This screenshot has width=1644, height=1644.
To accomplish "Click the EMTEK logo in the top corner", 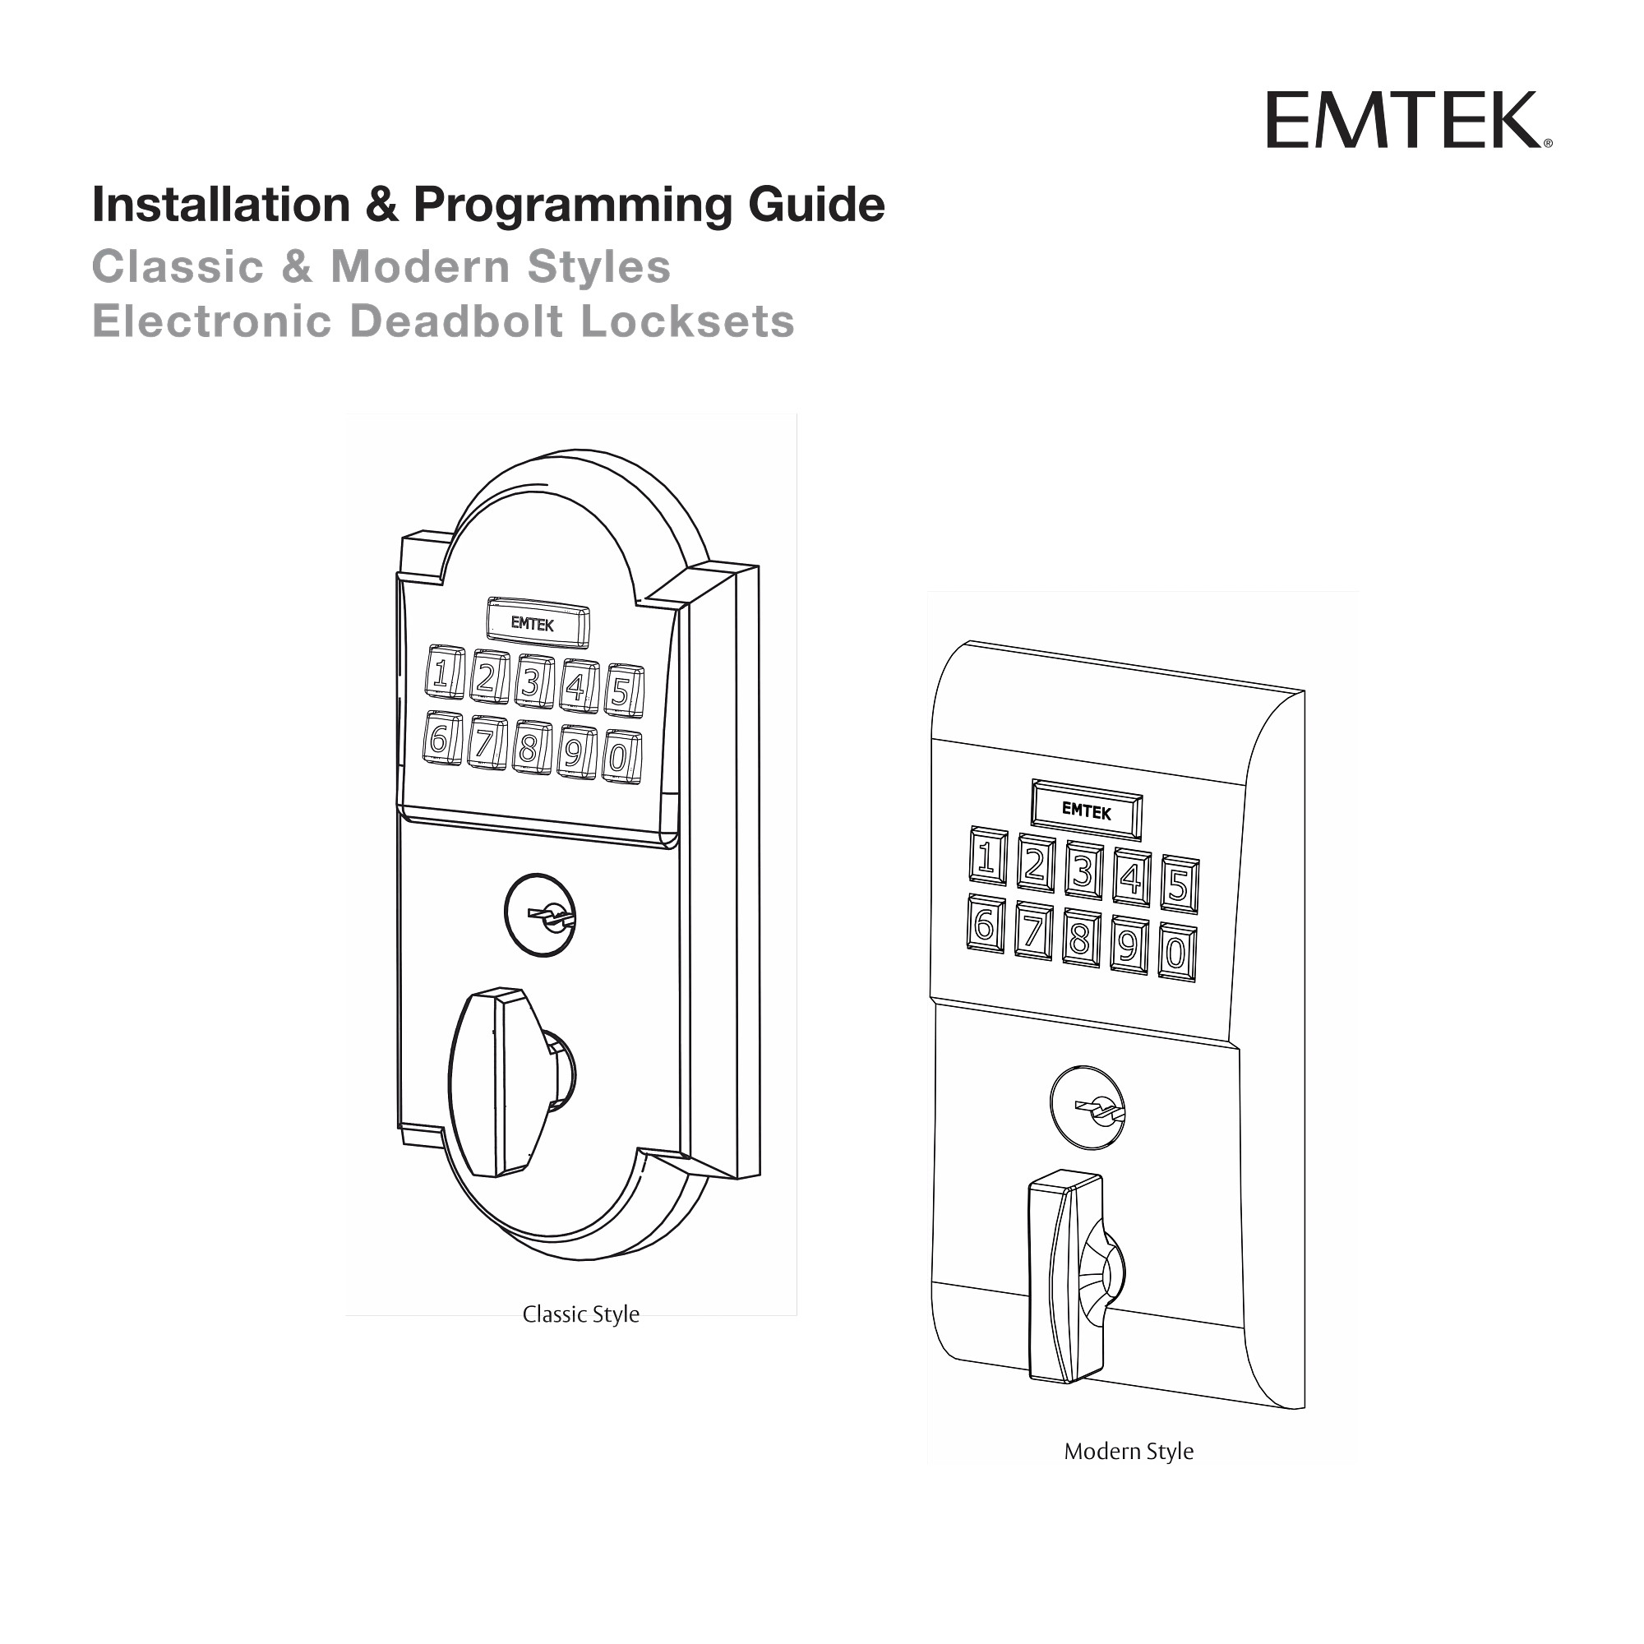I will click(1407, 120).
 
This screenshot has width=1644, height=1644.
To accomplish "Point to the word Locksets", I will click(686, 321).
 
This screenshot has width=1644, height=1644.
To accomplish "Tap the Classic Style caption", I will click(580, 1314).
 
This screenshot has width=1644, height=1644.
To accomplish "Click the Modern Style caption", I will click(1129, 1451).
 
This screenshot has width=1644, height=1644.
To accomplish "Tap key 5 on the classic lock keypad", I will click(624, 691).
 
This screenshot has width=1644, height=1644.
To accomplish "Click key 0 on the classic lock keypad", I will click(621, 756).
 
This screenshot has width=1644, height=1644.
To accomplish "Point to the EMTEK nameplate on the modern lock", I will click(1087, 810).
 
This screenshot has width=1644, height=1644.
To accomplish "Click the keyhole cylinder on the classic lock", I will click(540, 915).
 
